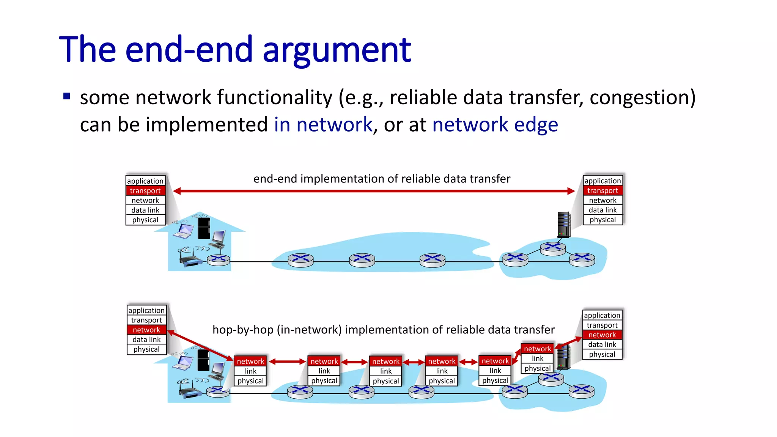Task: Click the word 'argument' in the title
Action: (337, 50)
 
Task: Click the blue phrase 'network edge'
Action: (495, 125)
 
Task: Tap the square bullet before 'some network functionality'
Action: (67, 96)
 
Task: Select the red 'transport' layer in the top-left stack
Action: (145, 191)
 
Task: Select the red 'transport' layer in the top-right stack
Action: (602, 191)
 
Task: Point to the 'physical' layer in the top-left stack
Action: (145, 220)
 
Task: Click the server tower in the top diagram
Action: (564, 224)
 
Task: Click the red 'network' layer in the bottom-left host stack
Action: (146, 330)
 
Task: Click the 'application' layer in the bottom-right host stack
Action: (602, 315)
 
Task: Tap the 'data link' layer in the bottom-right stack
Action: (602, 344)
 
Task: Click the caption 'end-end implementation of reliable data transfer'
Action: (382, 179)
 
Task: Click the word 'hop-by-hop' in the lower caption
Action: (243, 330)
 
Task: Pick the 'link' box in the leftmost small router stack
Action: (250, 371)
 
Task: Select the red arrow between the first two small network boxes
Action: (287, 362)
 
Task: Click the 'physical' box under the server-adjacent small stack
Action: (537, 368)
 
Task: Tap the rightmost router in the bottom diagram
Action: (582, 391)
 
